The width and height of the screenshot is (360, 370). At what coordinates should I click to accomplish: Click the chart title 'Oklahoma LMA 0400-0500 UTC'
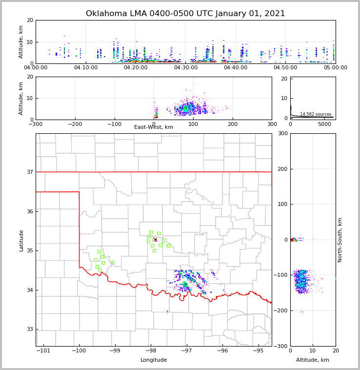[185, 14]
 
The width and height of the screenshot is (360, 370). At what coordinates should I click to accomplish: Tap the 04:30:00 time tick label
[186, 68]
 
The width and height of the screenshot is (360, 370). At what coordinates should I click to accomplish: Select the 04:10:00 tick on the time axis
[86, 68]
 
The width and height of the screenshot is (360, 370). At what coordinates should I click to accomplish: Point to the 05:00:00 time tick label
[336, 68]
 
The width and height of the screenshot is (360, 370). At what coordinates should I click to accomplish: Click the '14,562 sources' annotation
[315, 114]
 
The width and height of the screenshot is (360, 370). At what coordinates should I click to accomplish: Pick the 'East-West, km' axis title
[154, 127]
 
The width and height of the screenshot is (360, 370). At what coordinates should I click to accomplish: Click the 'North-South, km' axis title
[340, 240]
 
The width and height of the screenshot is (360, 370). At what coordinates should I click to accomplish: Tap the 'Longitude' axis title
[154, 360]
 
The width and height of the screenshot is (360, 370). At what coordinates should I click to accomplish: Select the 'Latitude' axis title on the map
[21, 240]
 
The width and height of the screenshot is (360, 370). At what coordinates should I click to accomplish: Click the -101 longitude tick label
[43, 351]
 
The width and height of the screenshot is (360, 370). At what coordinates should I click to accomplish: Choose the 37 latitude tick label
[30, 172]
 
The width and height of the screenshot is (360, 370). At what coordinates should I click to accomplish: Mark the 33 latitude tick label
[30, 329]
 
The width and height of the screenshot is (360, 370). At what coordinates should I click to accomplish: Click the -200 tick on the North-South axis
[281, 310]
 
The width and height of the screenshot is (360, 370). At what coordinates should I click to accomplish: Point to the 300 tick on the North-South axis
[283, 133]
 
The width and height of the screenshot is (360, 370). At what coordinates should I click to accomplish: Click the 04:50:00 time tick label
[286, 68]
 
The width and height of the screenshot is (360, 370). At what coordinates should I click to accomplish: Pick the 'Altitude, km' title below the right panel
[313, 360]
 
